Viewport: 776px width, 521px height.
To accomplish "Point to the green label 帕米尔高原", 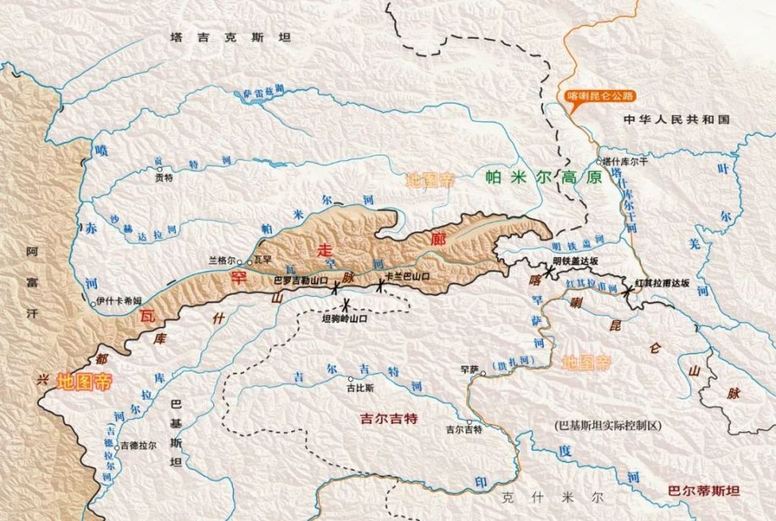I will (x=543, y=178).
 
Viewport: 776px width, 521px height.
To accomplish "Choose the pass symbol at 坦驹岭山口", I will (x=346, y=304).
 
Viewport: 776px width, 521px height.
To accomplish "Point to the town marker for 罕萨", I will (x=483, y=374).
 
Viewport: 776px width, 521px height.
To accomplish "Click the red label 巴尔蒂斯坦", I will (x=703, y=490).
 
